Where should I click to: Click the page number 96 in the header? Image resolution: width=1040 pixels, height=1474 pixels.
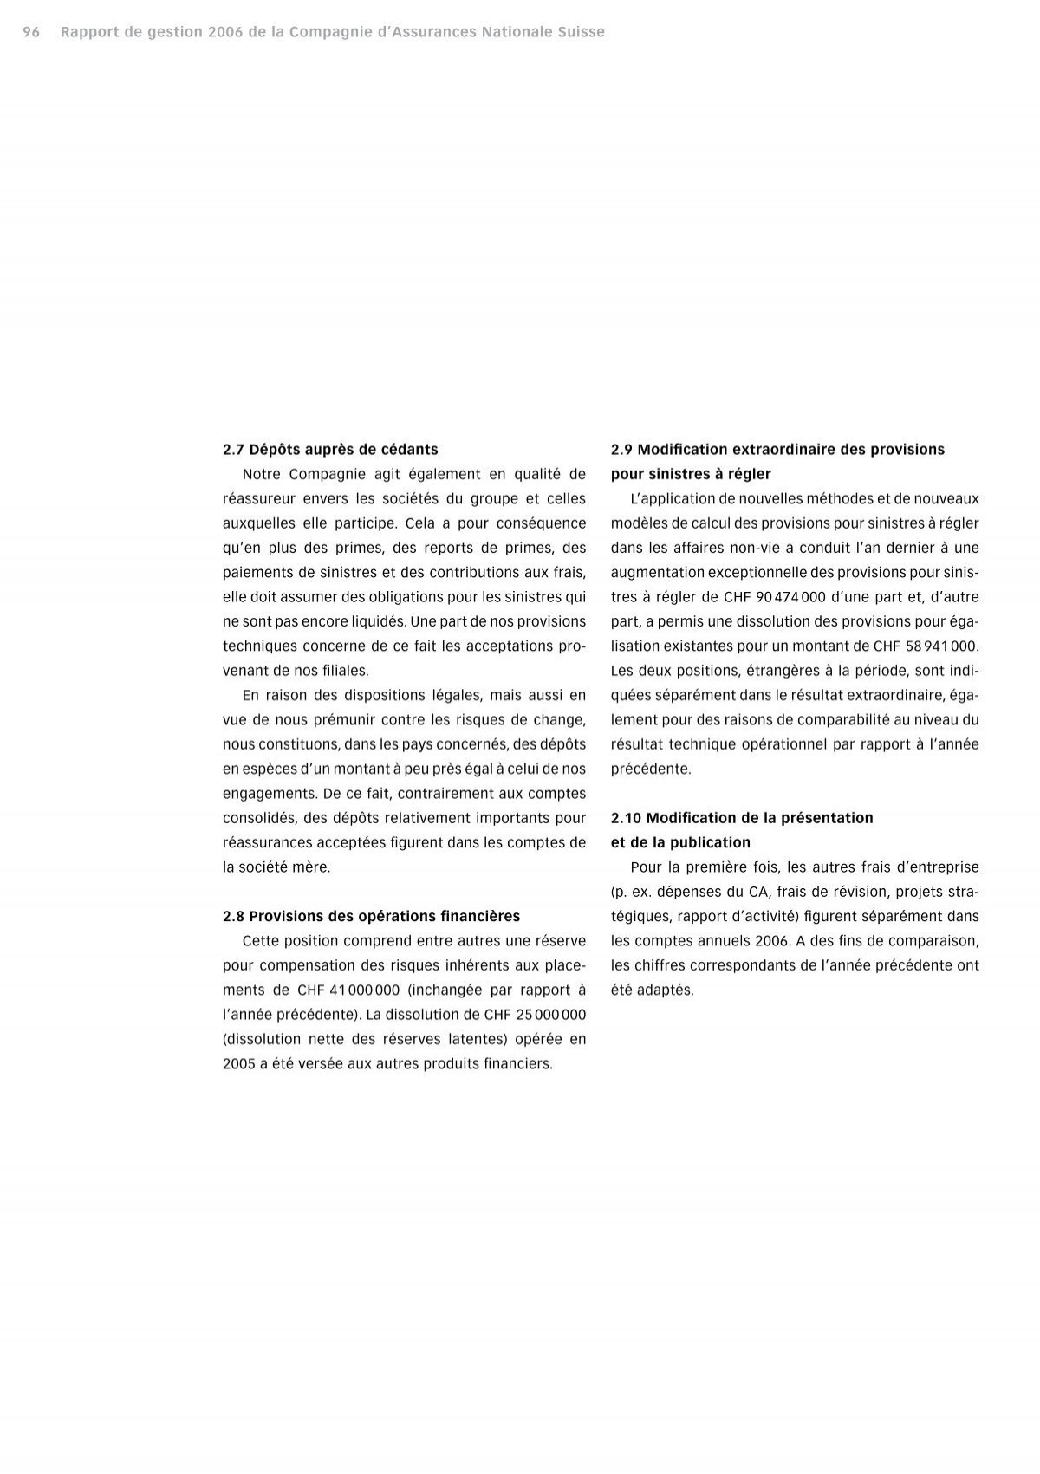click(31, 32)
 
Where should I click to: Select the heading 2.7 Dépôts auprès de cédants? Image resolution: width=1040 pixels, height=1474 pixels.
click(330, 449)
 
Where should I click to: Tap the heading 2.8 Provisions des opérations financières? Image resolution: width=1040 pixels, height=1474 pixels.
click(371, 916)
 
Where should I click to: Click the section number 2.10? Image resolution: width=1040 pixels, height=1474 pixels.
click(626, 817)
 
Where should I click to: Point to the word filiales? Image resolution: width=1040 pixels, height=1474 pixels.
click(345, 670)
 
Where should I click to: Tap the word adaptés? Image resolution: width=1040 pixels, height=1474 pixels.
click(666, 990)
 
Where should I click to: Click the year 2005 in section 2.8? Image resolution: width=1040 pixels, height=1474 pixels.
click(239, 1063)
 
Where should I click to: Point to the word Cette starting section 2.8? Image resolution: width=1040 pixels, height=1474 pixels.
click(259, 940)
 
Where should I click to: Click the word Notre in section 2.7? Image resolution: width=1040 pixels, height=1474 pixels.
click(262, 474)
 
